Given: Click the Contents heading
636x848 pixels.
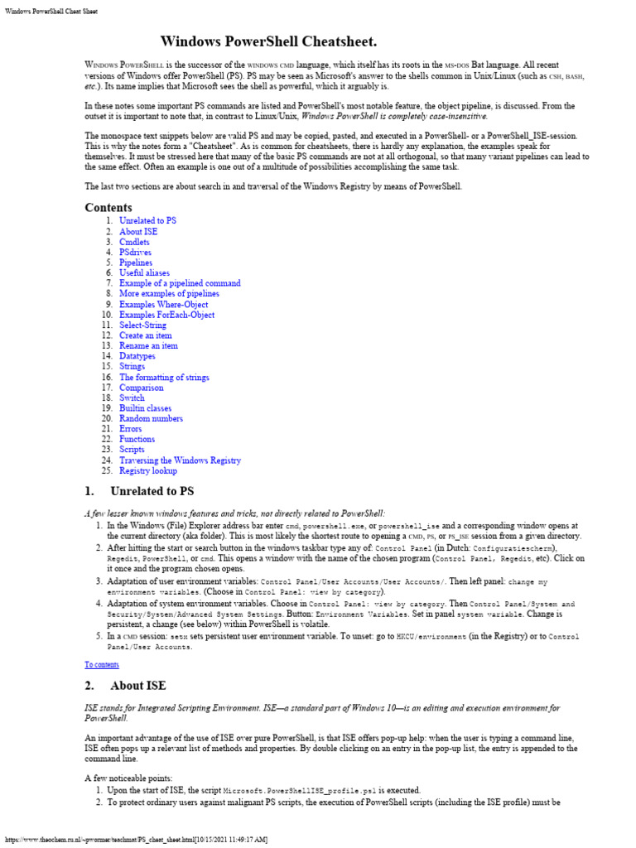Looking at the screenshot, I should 108,207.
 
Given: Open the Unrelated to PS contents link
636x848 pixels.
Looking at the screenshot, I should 147,221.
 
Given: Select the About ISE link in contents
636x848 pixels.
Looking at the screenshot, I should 138,232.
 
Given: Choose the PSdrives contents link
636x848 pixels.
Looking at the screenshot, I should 135,253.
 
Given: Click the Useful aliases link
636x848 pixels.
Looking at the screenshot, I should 144,273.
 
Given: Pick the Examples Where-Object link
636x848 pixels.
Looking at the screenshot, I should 163,305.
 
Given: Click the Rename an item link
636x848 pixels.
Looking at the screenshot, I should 148,346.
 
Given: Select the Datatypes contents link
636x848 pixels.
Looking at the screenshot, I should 137,356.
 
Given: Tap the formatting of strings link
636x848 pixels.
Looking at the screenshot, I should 164,378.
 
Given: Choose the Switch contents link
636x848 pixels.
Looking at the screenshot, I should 132,398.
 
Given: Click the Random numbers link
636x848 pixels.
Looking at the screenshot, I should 151,419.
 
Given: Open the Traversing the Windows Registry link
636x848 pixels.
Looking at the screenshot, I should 180,460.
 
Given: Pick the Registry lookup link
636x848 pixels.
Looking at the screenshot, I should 148,471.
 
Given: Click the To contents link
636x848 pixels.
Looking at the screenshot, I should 102,664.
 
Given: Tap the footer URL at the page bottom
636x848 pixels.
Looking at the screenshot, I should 137,840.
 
